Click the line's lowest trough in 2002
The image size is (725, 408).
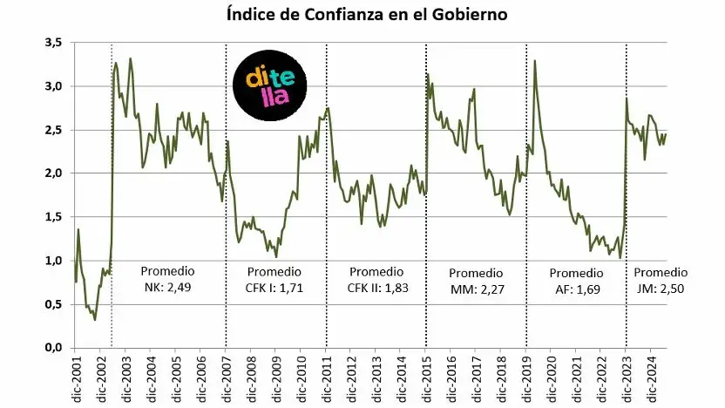(95, 319)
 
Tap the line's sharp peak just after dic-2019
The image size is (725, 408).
(534, 61)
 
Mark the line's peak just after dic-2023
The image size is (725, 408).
(627, 99)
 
